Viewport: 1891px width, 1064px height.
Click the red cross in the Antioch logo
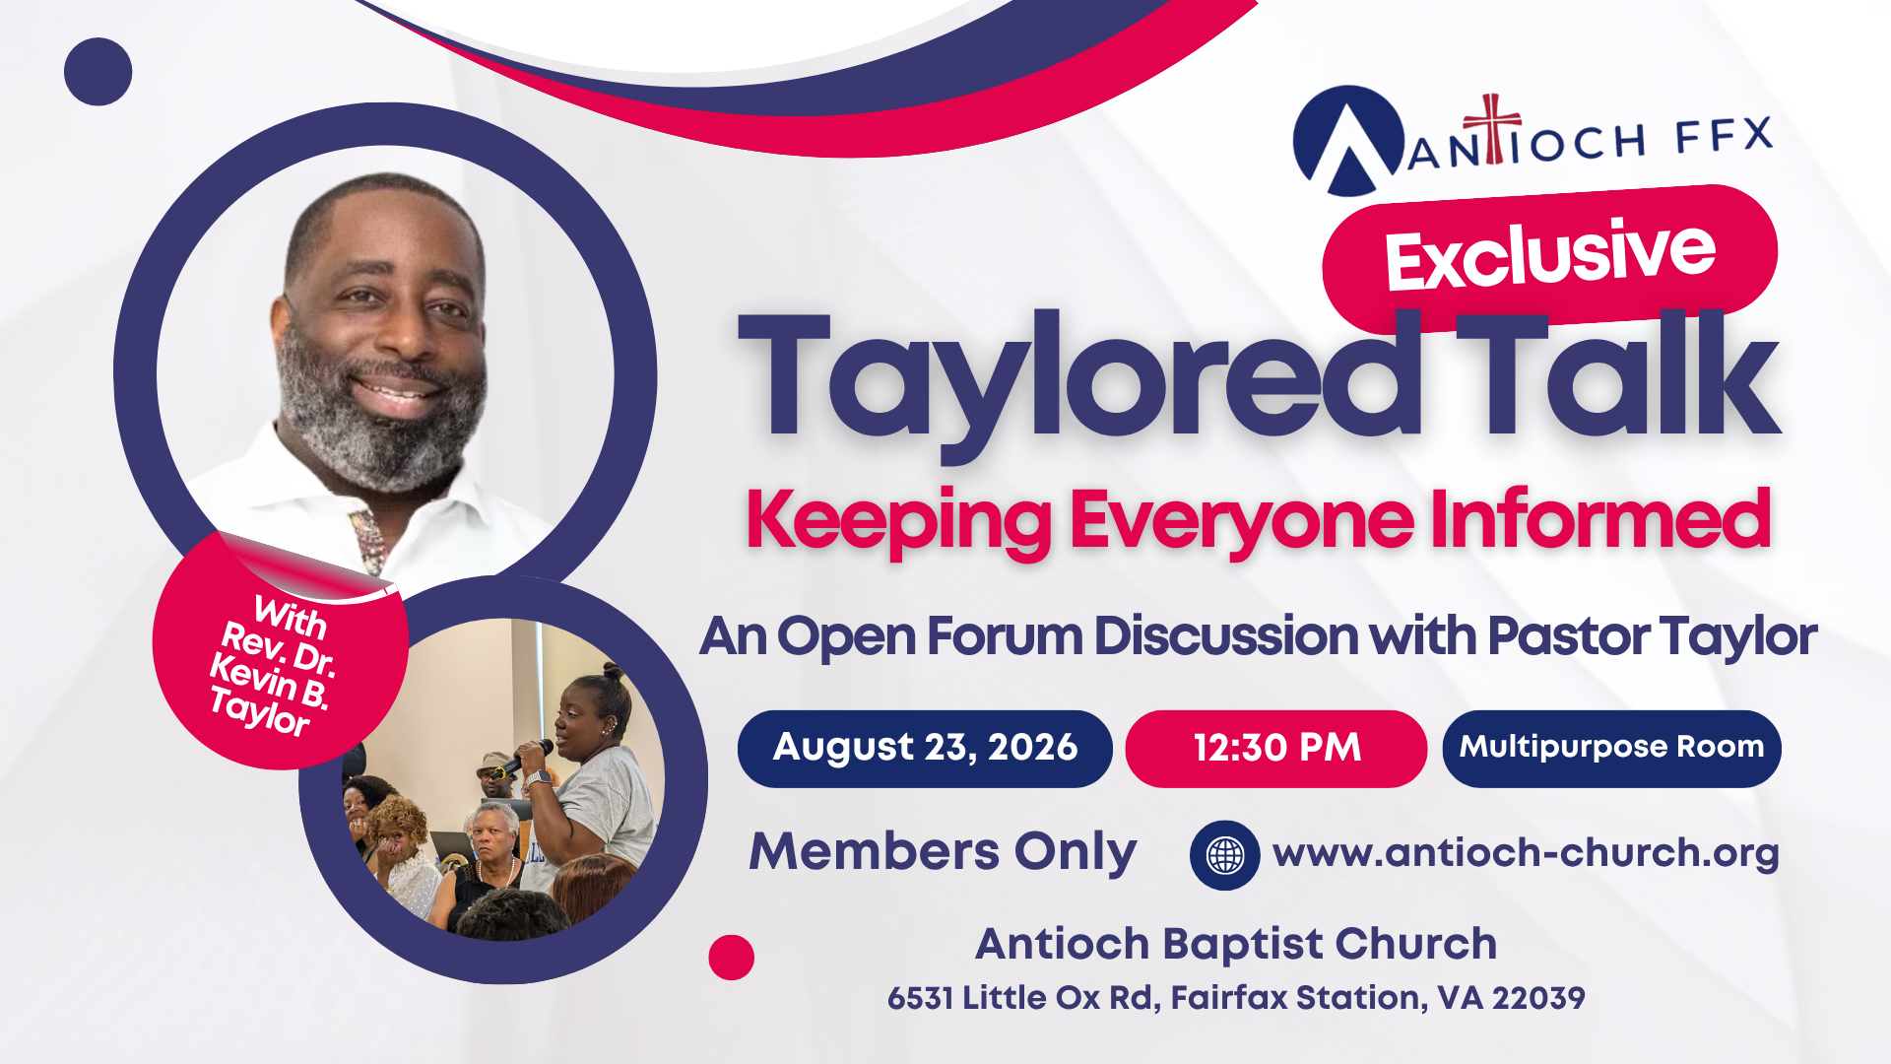pos(1493,128)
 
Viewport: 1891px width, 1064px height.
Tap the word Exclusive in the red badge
pos(1550,254)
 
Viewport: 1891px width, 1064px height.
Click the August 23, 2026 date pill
pos(925,749)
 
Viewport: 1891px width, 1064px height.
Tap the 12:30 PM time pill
pos(1276,749)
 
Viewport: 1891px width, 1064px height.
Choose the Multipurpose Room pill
pos(1611,749)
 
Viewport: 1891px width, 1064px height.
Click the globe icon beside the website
pos(1225,855)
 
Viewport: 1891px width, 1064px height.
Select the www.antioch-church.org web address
pos(1526,853)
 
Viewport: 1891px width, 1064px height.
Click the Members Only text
pos(943,852)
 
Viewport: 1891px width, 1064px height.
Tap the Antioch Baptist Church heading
pos(1236,944)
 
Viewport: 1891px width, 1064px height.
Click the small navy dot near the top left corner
pos(98,72)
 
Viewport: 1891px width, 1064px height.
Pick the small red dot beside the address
pos(731,957)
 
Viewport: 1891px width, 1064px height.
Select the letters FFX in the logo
pos(1725,136)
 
